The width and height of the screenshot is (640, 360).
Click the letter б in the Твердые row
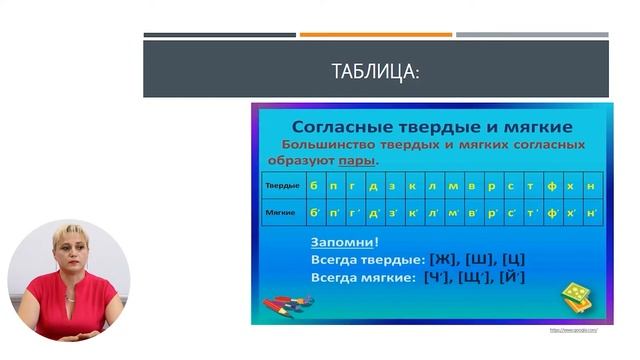pyautogui.click(x=314, y=187)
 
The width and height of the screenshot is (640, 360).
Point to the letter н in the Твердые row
pyautogui.click(x=592, y=187)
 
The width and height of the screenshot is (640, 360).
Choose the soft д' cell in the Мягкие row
pyautogui.click(x=374, y=213)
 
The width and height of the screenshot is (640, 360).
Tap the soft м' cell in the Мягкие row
pyautogui.click(x=454, y=213)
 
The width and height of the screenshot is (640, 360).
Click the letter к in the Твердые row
pyautogui.click(x=414, y=187)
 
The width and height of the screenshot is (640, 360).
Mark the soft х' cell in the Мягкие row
pyautogui.click(x=573, y=213)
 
